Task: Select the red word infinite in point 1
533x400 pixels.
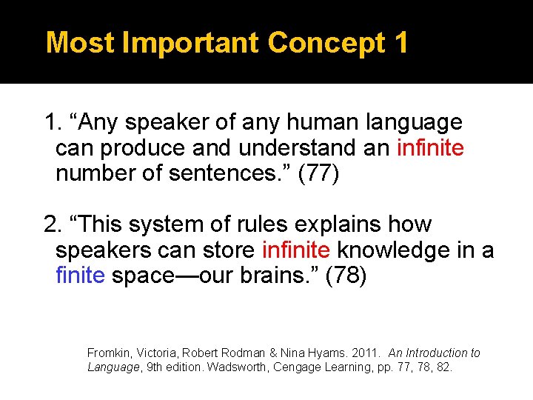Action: click(430, 149)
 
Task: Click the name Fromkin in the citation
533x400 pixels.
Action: click(108, 353)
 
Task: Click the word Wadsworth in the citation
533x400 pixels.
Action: click(237, 367)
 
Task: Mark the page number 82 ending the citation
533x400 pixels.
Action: click(443, 367)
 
